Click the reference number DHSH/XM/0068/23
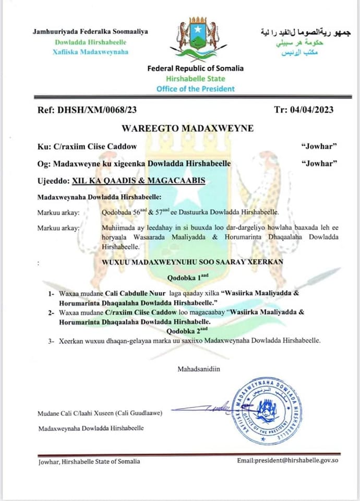[x=105, y=110]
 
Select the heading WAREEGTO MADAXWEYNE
[x=180, y=128]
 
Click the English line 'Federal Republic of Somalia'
[x=195, y=68]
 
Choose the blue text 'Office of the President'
[x=195, y=89]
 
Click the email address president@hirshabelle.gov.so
[x=288, y=461]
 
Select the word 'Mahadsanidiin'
[x=199, y=369]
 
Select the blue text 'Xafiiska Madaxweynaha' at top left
[x=90, y=52]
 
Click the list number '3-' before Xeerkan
[x=51, y=340]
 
